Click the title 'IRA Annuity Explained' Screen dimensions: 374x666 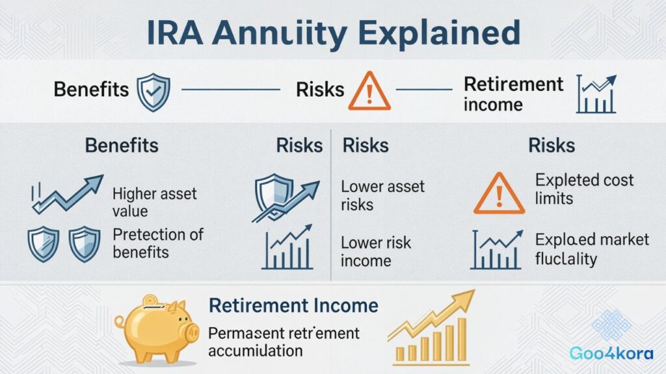[x=332, y=32]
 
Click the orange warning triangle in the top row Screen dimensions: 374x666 [x=369, y=90]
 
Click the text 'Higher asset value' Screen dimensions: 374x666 [x=154, y=202]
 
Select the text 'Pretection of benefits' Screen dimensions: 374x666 [x=158, y=242]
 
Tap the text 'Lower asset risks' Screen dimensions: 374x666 [x=382, y=195]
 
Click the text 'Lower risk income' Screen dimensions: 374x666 [x=375, y=251]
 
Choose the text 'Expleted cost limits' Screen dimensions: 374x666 [x=583, y=188]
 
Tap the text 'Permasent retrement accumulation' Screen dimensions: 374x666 [x=284, y=342]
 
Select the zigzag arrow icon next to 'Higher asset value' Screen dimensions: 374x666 [x=67, y=194]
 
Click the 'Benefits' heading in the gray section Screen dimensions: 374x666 [x=121, y=144]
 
